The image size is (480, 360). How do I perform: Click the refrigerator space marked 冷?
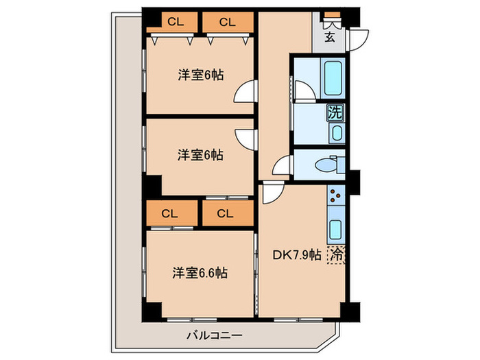tap(337, 254)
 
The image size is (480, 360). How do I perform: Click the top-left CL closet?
tap(176, 22)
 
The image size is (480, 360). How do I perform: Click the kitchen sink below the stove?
tap(335, 228)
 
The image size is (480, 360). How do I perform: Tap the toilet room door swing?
tap(282, 167)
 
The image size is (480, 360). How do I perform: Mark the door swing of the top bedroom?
tap(245, 93)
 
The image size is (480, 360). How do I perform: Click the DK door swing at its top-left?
tap(269, 194)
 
